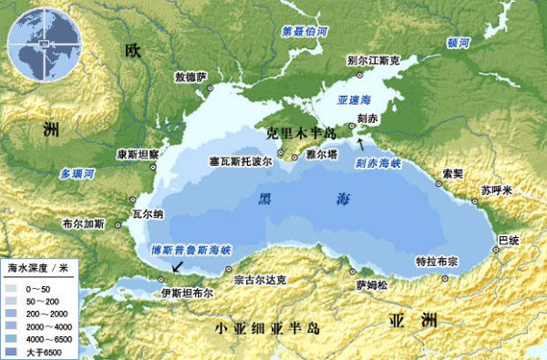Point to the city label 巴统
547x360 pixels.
pyautogui.click(x=509, y=240)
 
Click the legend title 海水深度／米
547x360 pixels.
pyautogui.click(x=38, y=269)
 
